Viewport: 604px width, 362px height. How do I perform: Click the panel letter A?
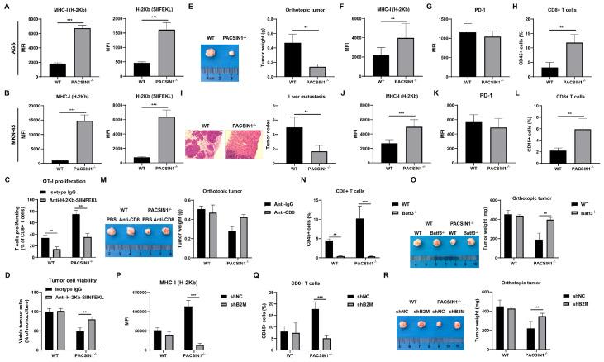(x=5, y=6)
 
